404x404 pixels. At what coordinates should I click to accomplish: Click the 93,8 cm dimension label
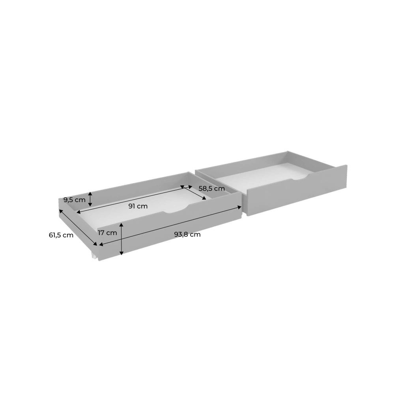click(x=187, y=234)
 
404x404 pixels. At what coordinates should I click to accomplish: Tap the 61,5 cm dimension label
click(x=61, y=235)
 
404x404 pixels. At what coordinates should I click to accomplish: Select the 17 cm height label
click(x=107, y=233)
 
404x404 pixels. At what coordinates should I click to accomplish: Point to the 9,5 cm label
click(x=75, y=200)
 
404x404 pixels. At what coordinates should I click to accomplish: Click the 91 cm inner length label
click(x=138, y=206)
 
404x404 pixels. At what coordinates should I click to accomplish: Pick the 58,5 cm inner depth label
click(x=212, y=189)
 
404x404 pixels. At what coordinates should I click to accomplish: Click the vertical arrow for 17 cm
click(x=122, y=239)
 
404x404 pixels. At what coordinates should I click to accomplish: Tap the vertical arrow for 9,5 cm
click(x=90, y=199)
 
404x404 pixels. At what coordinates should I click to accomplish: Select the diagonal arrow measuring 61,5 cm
click(x=78, y=228)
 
